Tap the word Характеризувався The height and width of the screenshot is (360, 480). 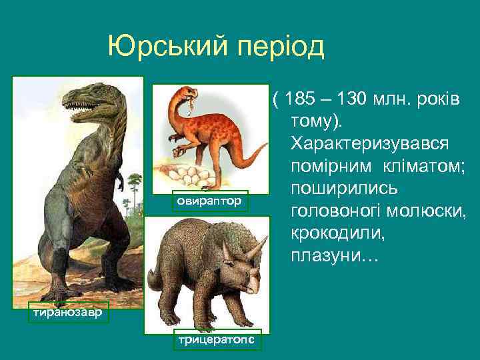point(369,144)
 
